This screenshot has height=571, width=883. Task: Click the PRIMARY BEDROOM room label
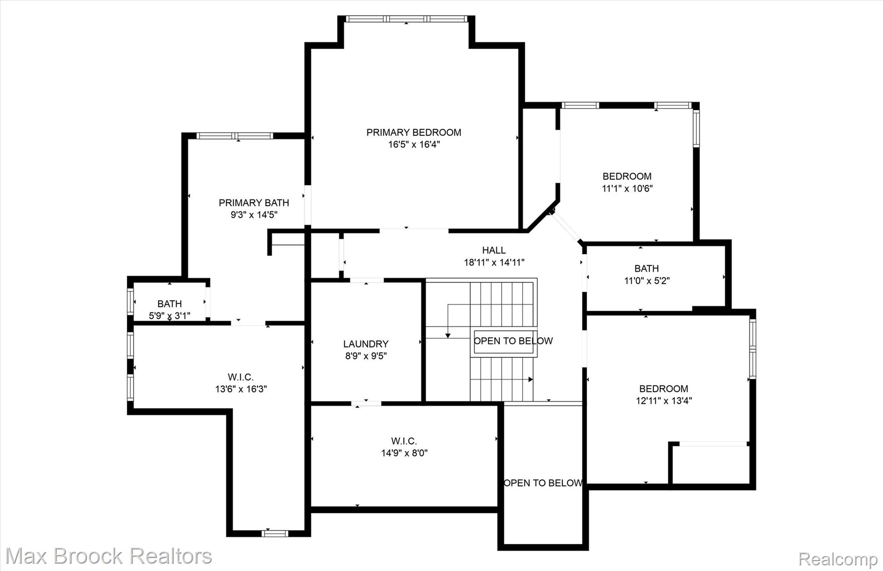(414, 132)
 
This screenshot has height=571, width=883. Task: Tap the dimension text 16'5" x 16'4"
(414, 144)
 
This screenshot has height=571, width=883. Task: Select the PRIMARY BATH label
(254, 203)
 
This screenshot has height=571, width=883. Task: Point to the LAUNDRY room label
(366, 344)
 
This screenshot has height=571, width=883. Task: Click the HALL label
(494, 250)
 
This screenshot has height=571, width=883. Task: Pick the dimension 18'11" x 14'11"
(494, 262)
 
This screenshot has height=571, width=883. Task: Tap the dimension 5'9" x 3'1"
(169, 316)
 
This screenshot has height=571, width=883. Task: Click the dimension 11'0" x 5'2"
(647, 281)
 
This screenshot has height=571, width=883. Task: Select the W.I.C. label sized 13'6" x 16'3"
(241, 377)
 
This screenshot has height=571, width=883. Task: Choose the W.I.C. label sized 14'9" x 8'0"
(404, 441)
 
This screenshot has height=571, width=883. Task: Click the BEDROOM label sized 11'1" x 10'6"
(627, 176)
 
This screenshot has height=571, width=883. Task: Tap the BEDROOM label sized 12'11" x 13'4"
(664, 389)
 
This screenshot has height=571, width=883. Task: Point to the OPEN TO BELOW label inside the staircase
(513, 341)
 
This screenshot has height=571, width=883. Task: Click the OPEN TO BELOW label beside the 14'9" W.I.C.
(543, 483)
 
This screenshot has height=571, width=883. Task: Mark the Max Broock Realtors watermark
(109, 556)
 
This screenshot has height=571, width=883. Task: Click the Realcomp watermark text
(838, 559)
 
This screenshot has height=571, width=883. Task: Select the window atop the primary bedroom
(407, 19)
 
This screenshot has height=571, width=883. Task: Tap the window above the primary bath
(235, 136)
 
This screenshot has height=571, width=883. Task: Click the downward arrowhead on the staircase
(448, 335)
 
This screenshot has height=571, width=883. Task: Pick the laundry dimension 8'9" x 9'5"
(366, 356)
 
